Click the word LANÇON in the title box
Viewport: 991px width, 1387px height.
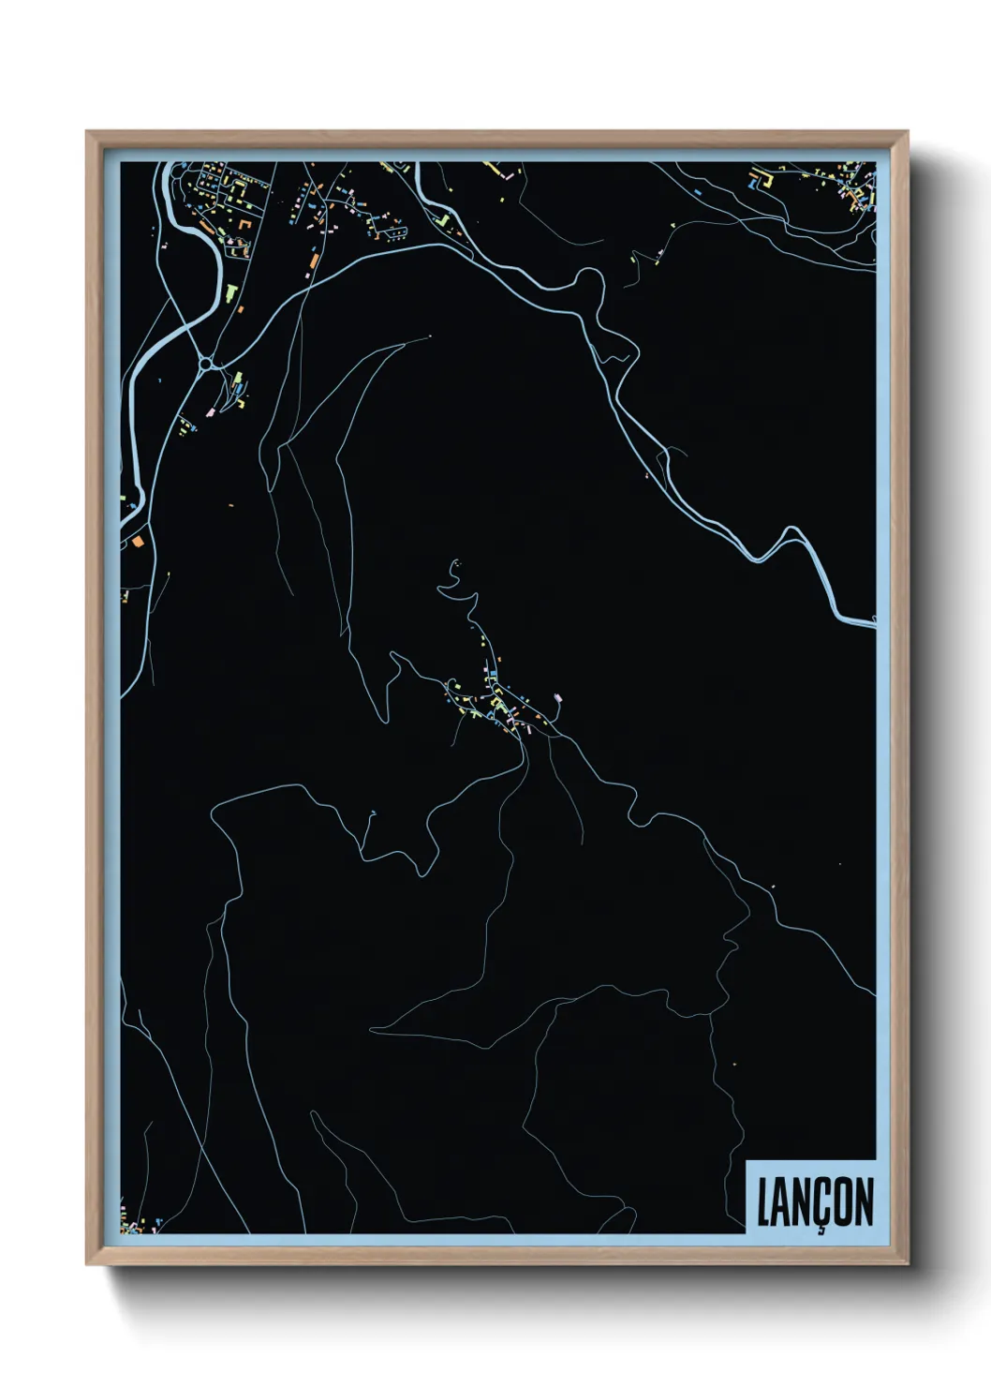(x=814, y=1202)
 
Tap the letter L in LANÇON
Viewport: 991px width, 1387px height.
(x=763, y=1202)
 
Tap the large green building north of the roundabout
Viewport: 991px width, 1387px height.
(x=228, y=291)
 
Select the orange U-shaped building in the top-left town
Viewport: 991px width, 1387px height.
(x=245, y=224)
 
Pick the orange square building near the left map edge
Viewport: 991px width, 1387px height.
(x=137, y=541)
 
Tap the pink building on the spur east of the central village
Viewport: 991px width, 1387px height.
(x=558, y=697)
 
